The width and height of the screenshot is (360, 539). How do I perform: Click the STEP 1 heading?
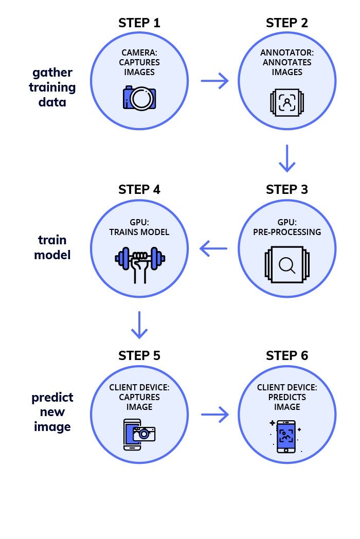point(139,23)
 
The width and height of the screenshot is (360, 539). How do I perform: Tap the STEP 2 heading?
point(287,23)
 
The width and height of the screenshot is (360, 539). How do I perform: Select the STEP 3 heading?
point(287,189)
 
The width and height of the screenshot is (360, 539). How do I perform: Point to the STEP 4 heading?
point(139,189)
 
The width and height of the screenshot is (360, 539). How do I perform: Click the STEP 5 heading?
point(139,355)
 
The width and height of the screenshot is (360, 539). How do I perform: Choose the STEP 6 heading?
point(287,355)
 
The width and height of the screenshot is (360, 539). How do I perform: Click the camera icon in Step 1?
point(139,98)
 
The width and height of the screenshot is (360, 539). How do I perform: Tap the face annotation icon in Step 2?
point(287,102)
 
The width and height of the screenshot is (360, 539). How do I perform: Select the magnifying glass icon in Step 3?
point(287,265)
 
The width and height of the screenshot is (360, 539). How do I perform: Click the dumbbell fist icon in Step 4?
point(139,262)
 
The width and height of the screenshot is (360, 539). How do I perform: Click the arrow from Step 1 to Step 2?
point(214,81)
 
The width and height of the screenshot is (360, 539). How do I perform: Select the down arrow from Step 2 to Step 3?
point(287,158)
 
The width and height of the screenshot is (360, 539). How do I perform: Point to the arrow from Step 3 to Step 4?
point(213,249)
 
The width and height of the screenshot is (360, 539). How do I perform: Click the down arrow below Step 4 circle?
point(139,325)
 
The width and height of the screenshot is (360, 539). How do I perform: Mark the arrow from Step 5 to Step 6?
point(214,414)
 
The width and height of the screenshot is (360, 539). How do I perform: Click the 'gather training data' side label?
point(52,87)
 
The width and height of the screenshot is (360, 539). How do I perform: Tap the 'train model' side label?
point(52,247)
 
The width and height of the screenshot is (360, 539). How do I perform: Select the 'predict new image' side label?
point(52,412)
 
